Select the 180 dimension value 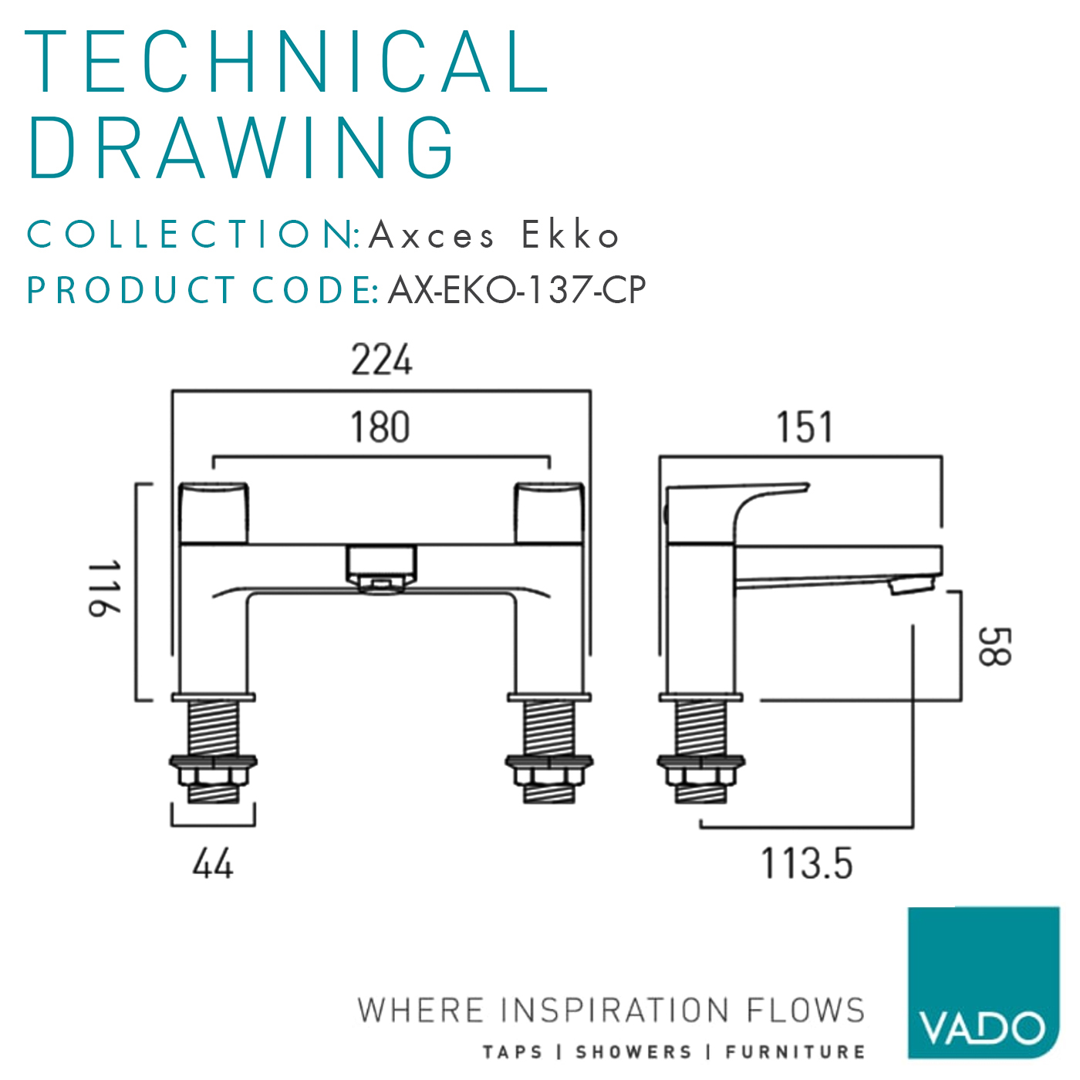(x=380, y=427)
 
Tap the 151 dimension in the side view (x=804, y=428)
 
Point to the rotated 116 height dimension (x=104, y=589)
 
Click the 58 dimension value (x=994, y=646)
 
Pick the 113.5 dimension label (x=807, y=863)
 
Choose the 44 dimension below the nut (x=212, y=864)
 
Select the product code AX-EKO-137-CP (x=516, y=291)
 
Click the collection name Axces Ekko (x=494, y=235)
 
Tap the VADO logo (x=983, y=983)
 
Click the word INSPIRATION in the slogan (x=614, y=1011)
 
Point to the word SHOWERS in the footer (x=633, y=1052)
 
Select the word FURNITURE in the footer (x=795, y=1052)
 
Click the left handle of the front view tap (x=214, y=513)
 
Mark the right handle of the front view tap (x=549, y=513)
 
